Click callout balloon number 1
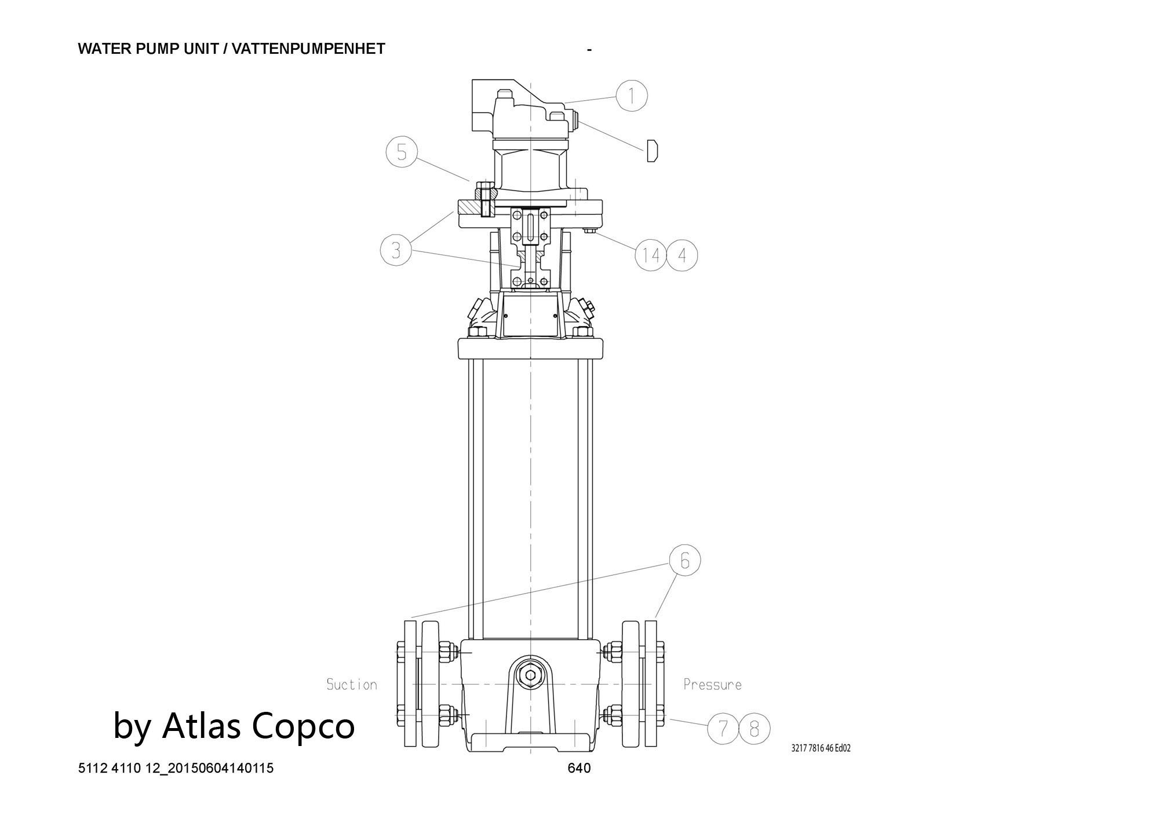point(631,95)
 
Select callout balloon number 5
point(402,152)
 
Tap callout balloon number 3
point(396,250)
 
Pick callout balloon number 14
point(651,255)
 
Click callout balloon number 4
point(681,255)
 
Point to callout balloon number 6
point(684,561)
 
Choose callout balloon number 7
point(723,729)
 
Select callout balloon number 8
point(754,729)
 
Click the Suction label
point(352,685)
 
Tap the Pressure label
point(712,685)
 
